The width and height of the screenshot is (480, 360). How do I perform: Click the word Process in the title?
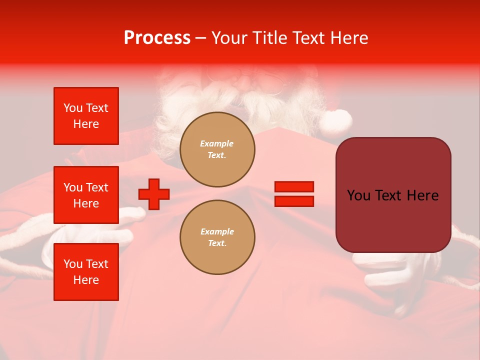click(157, 38)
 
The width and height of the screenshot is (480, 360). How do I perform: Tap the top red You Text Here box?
click(86, 116)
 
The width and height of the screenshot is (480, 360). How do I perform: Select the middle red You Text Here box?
click(86, 195)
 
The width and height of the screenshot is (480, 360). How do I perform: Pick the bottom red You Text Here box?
click(86, 272)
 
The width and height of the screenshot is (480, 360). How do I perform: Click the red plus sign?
click(154, 194)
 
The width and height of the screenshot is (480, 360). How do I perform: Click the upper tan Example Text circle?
click(217, 149)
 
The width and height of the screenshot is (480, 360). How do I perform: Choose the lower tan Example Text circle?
click(217, 237)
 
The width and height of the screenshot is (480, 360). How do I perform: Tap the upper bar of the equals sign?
click(294, 187)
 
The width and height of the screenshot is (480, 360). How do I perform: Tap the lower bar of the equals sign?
click(294, 201)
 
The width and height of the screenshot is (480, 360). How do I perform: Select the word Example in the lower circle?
click(217, 231)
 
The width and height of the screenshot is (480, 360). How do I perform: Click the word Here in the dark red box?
click(422, 195)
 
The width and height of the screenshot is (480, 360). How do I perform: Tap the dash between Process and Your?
click(201, 38)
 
